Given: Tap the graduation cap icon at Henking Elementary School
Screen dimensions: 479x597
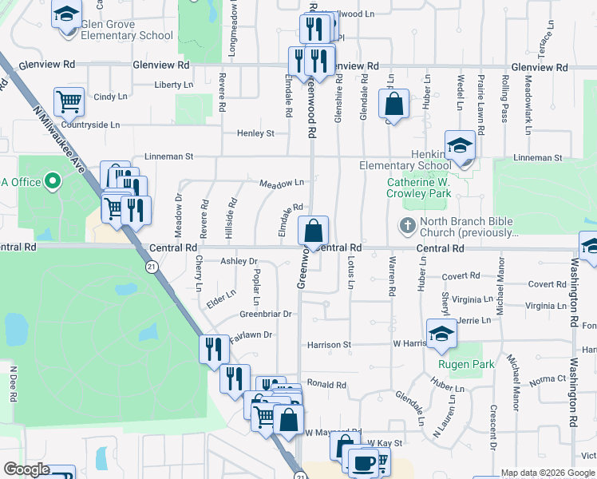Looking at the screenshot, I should pyautogui.click(x=461, y=145).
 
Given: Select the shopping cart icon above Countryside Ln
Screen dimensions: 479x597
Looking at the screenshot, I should pyautogui.click(x=69, y=102).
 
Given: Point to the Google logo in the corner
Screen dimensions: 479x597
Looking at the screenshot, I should pyautogui.click(x=26, y=469).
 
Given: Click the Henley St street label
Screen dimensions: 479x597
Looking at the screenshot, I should pyautogui.click(x=255, y=133).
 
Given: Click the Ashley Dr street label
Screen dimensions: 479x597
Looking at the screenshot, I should pyautogui.click(x=239, y=261).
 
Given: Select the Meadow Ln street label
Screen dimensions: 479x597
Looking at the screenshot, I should pyautogui.click(x=281, y=183).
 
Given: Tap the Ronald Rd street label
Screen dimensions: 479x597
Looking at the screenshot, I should pyautogui.click(x=326, y=384).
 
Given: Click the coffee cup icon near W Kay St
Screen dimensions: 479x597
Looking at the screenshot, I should pyautogui.click(x=366, y=462).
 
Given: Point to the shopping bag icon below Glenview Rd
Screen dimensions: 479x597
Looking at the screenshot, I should pyautogui.click(x=393, y=104).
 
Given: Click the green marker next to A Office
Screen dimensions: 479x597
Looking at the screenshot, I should pyautogui.click(x=53, y=182).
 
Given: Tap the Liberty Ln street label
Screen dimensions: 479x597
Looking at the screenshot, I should pyautogui.click(x=173, y=85).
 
